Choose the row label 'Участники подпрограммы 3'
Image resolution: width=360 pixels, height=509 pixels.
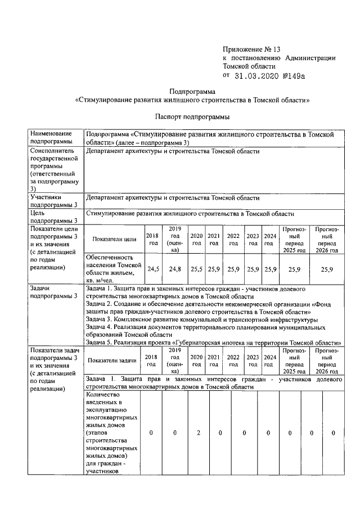point(53,201)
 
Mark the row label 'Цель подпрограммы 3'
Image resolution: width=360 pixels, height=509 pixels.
point(53,217)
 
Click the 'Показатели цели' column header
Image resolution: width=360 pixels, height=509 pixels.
point(114,239)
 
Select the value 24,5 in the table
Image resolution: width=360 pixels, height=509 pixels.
point(153,269)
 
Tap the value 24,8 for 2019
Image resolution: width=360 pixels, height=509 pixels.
point(175,269)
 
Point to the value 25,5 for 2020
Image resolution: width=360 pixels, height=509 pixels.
point(196,269)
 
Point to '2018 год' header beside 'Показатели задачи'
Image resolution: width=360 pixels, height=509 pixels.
point(151,361)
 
